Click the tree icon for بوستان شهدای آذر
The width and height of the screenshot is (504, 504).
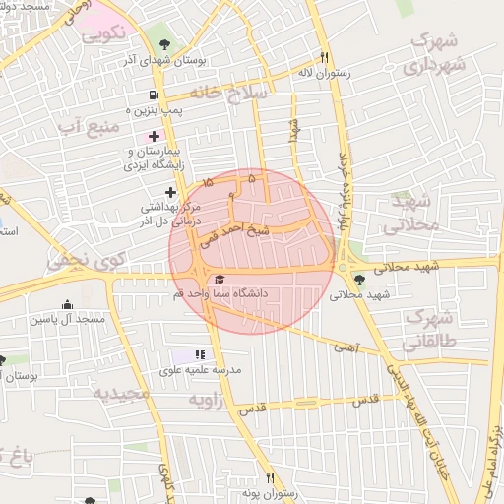pyautogui.click(x=163, y=44)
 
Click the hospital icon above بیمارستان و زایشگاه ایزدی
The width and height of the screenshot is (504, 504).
pyautogui.click(x=154, y=135)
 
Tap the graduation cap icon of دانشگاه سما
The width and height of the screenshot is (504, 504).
pyautogui.click(x=219, y=280)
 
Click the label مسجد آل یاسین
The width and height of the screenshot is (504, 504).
pyautogui.click(x=67, y=319)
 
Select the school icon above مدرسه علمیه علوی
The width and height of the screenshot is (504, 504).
pyautogui.click(x=201, y=354)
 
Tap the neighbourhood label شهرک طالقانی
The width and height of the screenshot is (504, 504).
pyautogui.click(x=430, y=331)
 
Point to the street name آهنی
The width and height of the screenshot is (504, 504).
pyautogui.click(x=346, y=346)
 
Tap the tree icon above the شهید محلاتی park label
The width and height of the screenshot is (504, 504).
pyautogui.click(x=358, y=280)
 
